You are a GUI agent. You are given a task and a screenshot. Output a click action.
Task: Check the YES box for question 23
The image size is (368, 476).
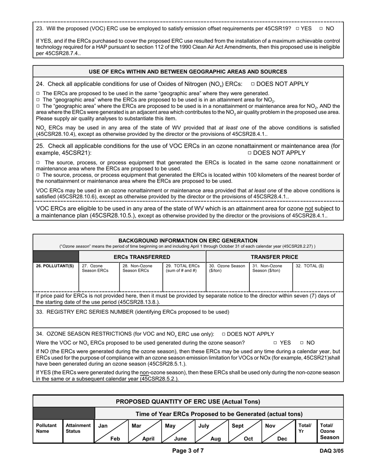pos(297,29)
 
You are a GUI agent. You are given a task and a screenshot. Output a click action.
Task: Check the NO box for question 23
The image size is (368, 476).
pos(321,29)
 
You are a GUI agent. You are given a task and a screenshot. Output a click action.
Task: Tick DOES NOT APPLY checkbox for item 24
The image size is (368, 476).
pos(253,84)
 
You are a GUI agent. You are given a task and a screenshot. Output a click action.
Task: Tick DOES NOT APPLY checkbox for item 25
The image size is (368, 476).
pos(249,153)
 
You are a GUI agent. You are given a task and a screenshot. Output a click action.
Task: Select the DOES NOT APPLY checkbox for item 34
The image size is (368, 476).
pos(224,334)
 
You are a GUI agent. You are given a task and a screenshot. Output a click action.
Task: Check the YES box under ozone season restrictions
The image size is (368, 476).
pos(275,343)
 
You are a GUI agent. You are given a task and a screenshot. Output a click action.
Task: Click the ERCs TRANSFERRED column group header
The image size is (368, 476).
pos(142,257)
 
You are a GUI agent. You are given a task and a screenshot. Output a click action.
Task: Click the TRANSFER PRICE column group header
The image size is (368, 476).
pos(274,257)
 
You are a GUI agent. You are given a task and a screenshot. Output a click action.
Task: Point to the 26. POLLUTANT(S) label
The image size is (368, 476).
pos(55,266)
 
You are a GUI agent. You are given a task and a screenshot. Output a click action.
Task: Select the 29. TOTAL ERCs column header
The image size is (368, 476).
pos(183,268)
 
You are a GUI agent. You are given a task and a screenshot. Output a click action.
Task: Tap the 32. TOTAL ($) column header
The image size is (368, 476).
pos(310,266)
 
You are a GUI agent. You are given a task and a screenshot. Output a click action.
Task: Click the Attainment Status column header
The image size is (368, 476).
pos(78,428)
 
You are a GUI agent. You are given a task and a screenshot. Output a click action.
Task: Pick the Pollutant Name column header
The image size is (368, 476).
pos(46,428)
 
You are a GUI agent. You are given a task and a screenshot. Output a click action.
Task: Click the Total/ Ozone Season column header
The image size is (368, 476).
pos(330,431)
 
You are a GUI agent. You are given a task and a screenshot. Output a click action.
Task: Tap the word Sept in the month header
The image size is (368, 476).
pos(238,426)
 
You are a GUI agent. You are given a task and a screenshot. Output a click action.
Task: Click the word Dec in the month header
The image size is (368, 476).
pos(282,439)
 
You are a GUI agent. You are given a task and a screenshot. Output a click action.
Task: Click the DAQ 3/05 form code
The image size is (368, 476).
pos(332,451)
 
